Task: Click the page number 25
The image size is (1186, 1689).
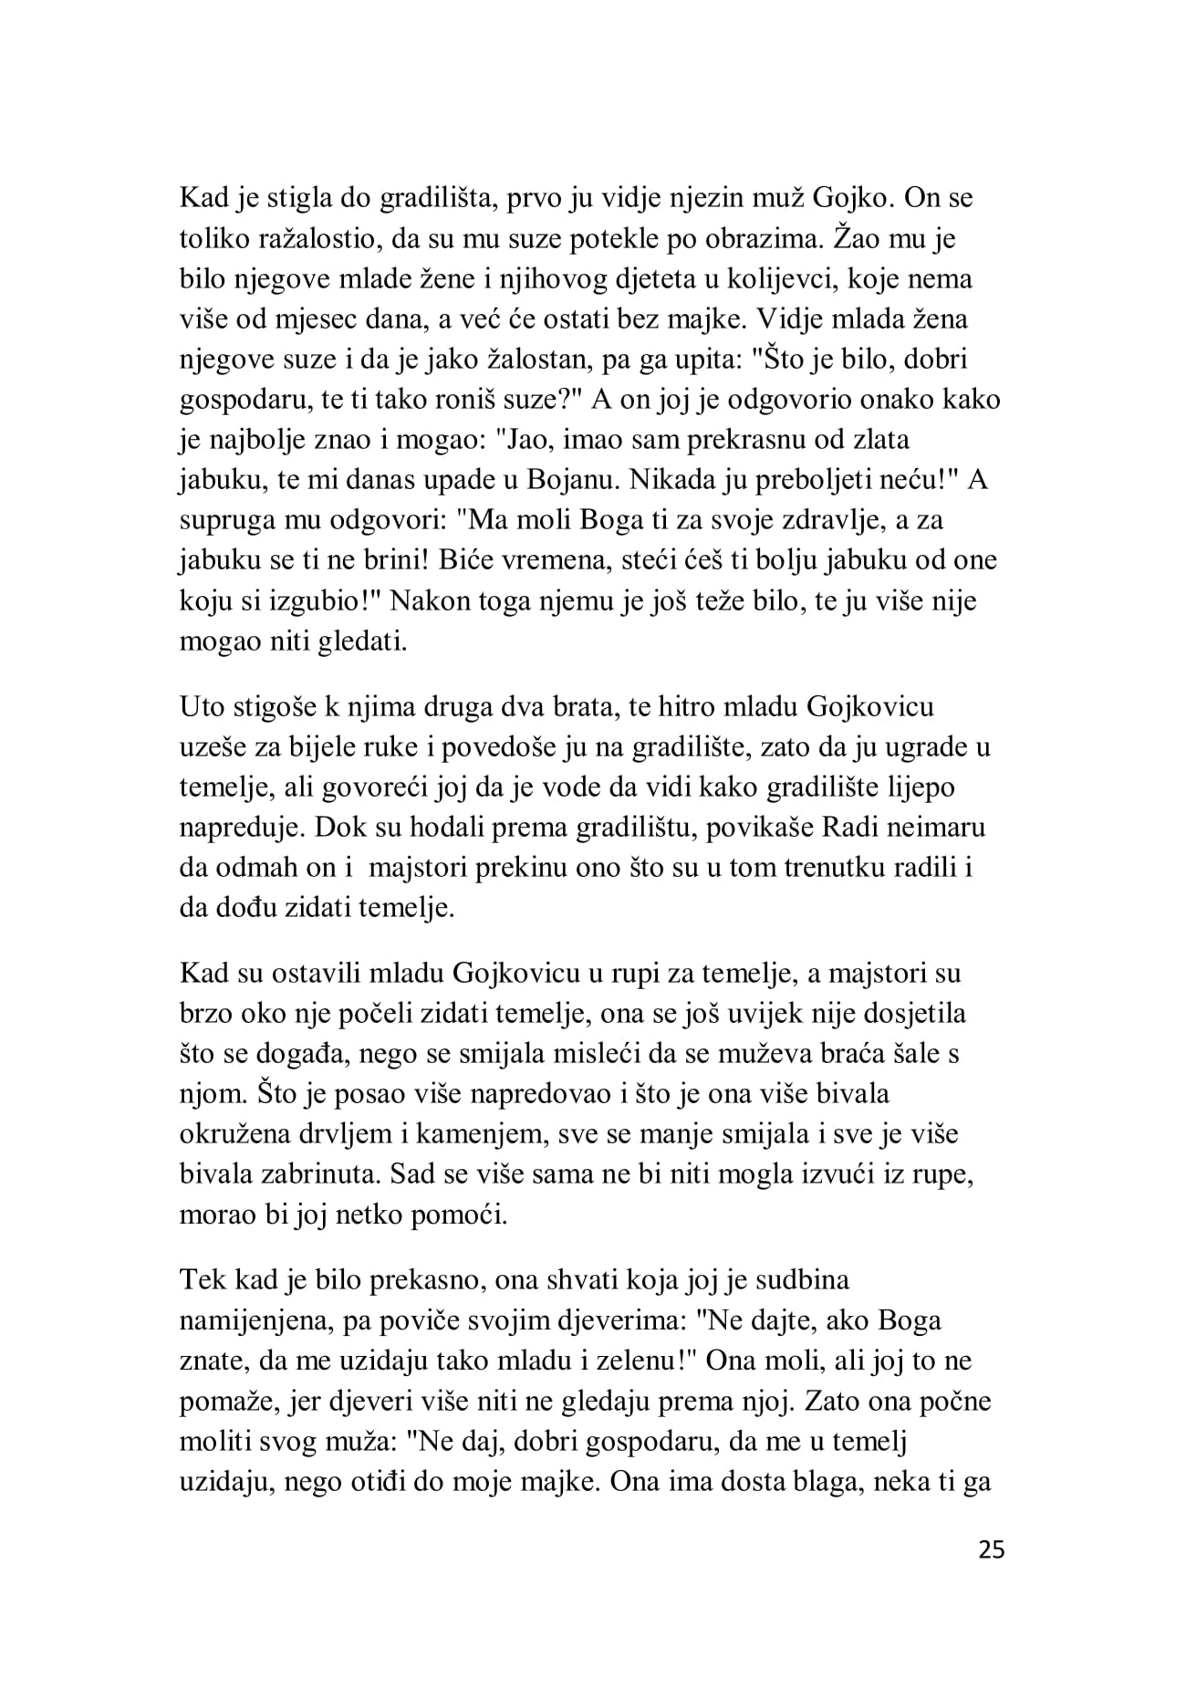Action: (991, 1549)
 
